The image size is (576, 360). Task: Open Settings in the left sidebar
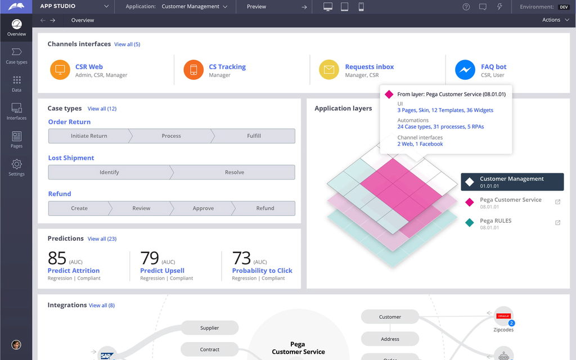[16, 167]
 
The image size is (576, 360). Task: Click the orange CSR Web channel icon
[60, 70]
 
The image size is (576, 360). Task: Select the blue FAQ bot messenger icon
[465, 70]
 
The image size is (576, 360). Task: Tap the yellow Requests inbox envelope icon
[329, 70]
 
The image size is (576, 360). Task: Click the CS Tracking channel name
[227, 66]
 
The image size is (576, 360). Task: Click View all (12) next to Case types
[102, 109]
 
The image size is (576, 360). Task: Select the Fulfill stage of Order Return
[254, 136]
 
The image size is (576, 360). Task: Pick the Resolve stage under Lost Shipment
[235, 172]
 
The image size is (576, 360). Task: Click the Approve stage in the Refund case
[203, 208]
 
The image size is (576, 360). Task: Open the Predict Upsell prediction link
[162, 271]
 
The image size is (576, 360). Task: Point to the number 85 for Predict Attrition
[57, 258]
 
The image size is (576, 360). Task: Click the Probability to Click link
[262, 271]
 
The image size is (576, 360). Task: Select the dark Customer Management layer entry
[512, 182]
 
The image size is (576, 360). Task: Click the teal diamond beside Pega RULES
[470, 223]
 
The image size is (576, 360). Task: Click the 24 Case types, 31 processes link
[440, 127]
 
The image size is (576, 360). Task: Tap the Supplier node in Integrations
[210, 328]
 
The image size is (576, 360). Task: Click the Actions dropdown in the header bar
[554, 20]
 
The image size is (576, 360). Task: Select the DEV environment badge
[563, 7]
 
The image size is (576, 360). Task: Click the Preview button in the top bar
[256, 7]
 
